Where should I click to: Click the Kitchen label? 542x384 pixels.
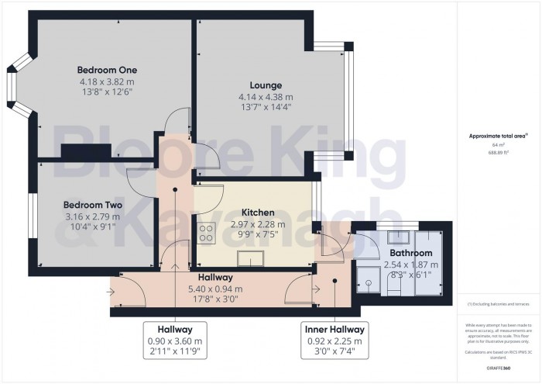[x=256, y=212]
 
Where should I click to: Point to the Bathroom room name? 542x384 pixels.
[x=410, y=253]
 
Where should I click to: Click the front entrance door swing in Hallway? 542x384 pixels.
[x=128, y=293]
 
